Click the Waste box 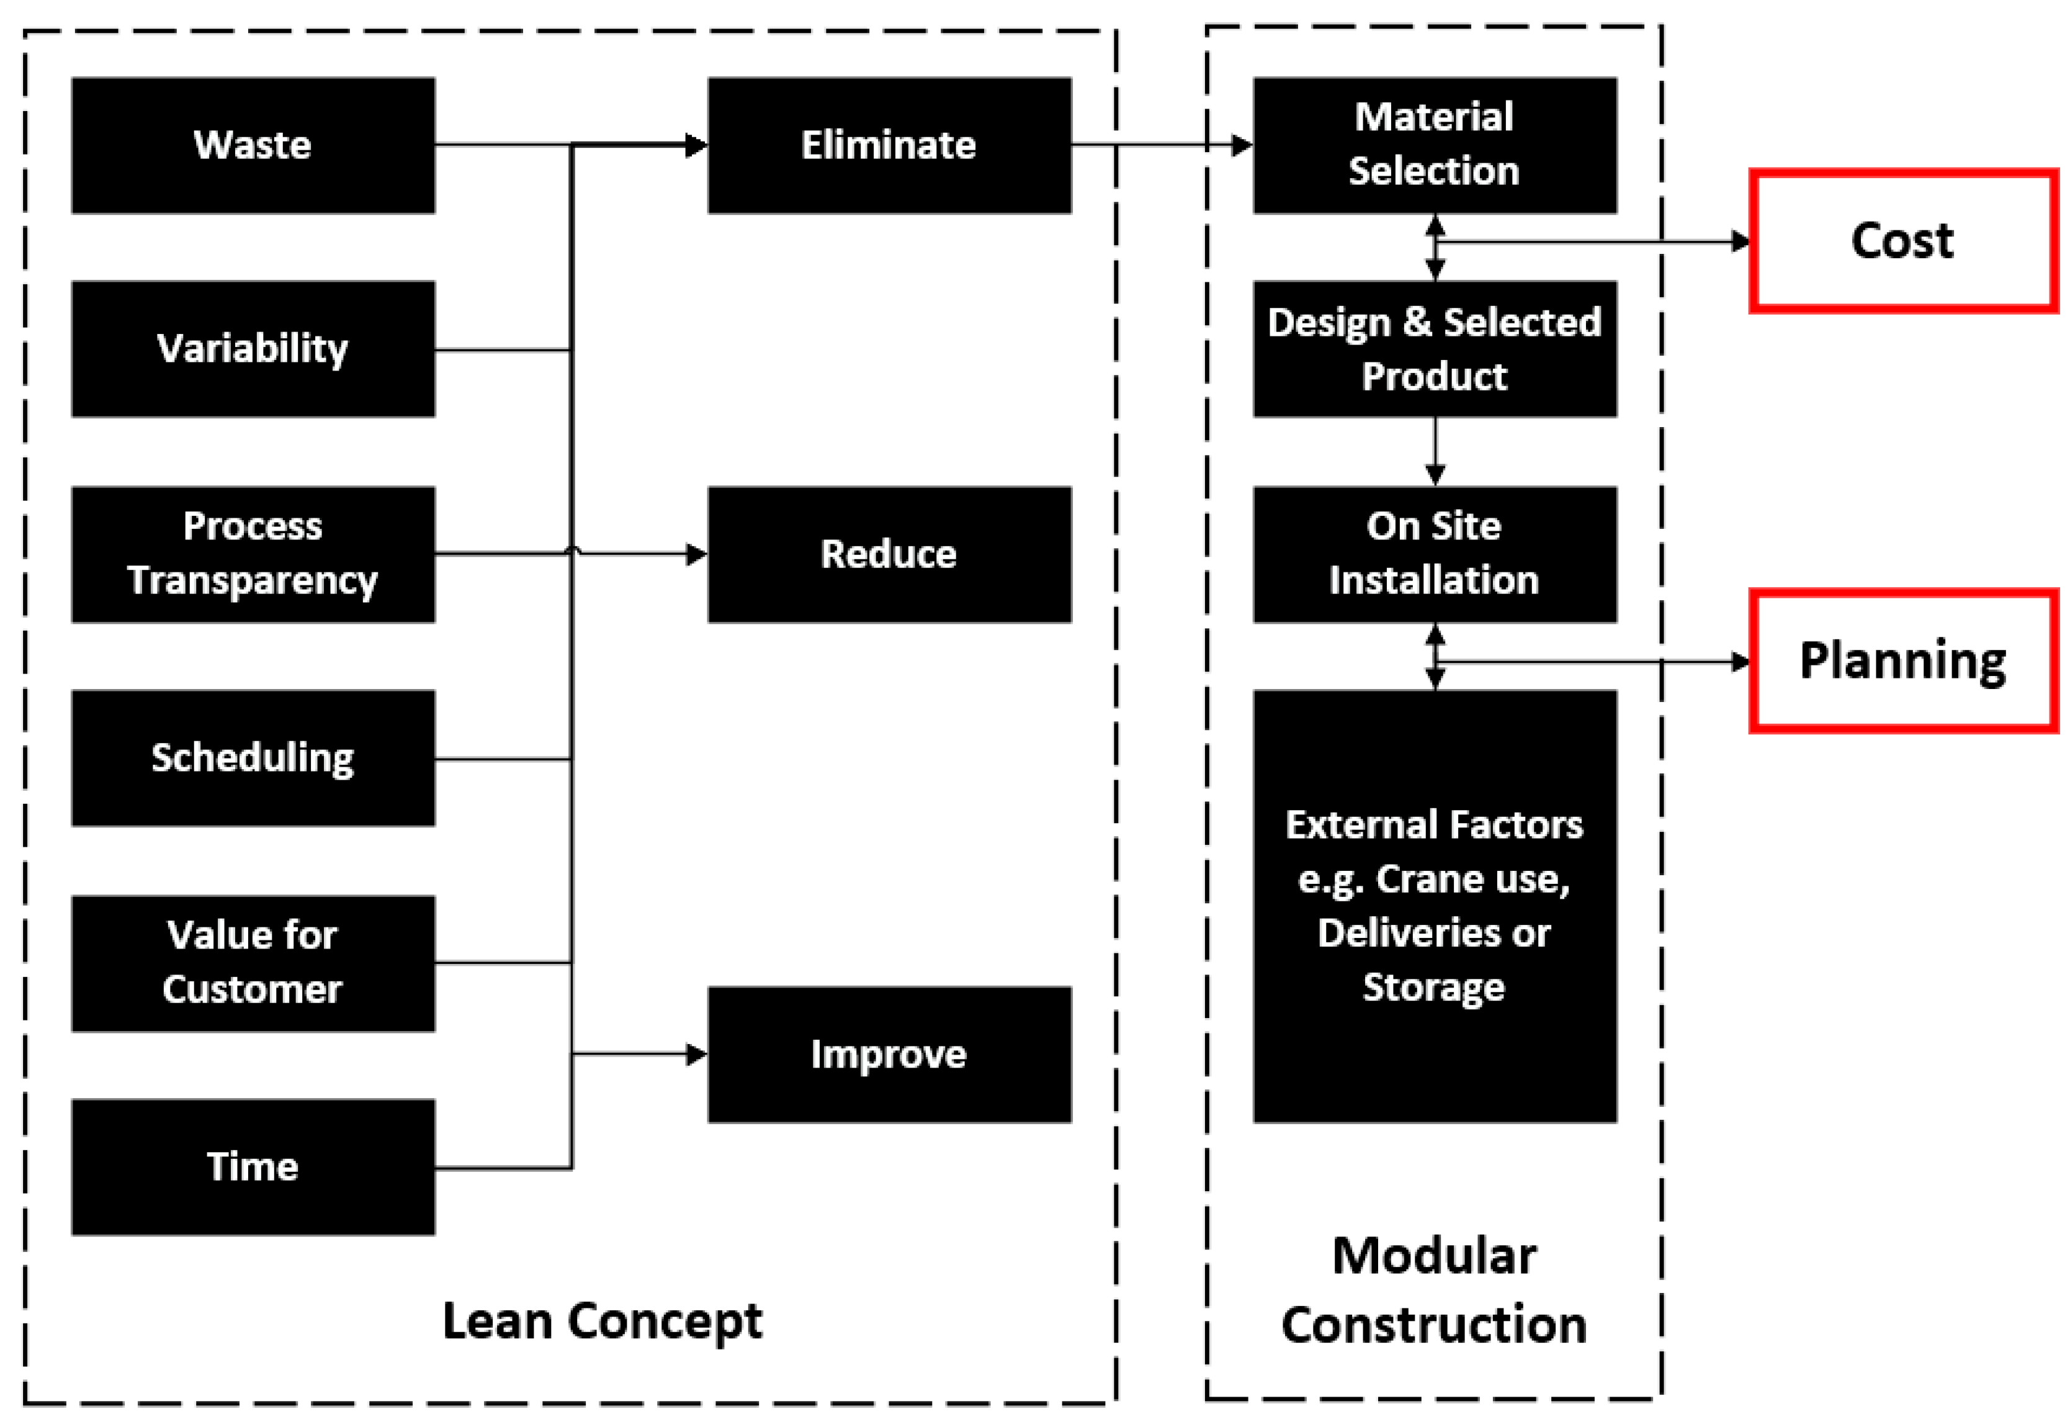(253, 145)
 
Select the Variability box (253, 349)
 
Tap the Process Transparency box (253, 554)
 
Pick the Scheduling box (253, 758)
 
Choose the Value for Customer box (253, 963)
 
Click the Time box (253, 1167)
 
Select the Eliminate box (889, 145)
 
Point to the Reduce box (889, 554)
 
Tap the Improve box (889, 1055)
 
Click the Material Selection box (1434, 145)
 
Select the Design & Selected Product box (1434, 349)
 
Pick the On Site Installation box (1434, 554)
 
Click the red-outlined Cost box (1902, 241)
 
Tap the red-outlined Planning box (1902, 661)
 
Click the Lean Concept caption (602, 1321)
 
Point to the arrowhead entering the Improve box (697, 1055)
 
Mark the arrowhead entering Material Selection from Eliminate (1242, 145)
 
